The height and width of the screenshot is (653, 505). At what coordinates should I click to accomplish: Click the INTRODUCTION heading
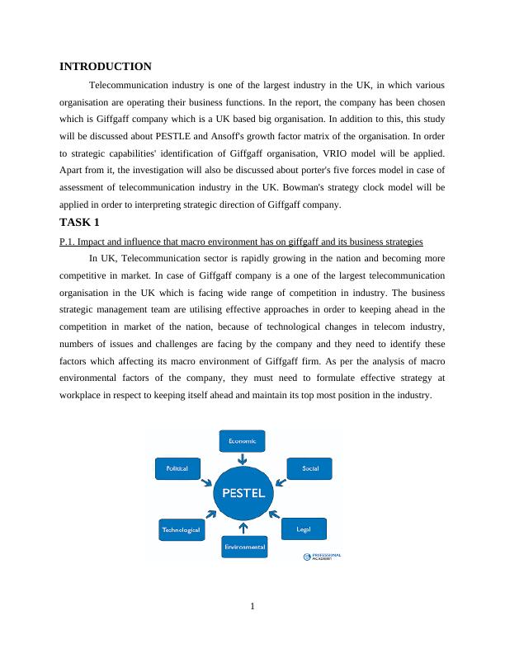(x=106, y=67)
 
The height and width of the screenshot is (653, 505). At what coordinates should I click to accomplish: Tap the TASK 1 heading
(x=80, y=223)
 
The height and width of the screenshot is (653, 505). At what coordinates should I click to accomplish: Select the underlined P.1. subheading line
(x=242, y=241)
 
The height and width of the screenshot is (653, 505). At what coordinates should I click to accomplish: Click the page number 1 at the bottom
(x=252, y=608)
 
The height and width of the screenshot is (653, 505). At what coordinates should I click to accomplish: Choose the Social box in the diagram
(x=310, y=468)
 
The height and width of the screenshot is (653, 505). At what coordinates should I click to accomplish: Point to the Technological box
(x=181, y=530)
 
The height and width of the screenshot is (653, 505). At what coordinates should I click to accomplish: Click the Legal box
(x=304, y=528)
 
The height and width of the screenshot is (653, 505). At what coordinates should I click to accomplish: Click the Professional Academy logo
(x=321, y=557)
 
